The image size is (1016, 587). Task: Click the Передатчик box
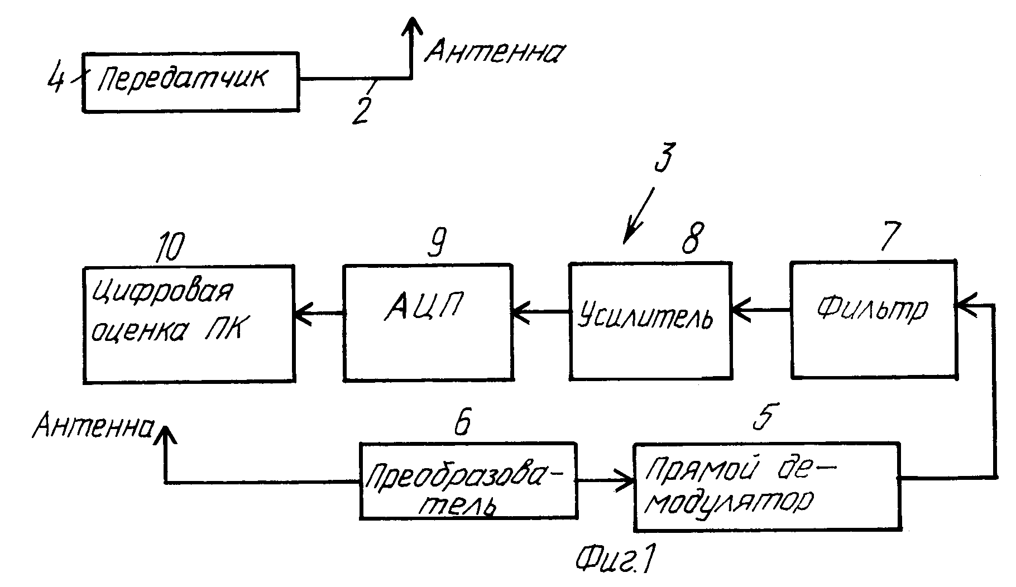(190, 83)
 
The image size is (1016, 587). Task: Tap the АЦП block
(427, 322)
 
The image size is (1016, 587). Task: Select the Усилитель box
(650, 321)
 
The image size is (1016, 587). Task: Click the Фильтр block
(874, 319)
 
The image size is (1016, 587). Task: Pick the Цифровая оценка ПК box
(189, 324)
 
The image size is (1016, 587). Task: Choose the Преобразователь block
(468, 481)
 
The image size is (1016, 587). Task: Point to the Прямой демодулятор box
(767, 487)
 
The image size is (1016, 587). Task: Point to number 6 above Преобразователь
(462, 422)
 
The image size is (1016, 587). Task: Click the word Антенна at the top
(495, 52)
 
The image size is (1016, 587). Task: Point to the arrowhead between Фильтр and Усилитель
(742, 311)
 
